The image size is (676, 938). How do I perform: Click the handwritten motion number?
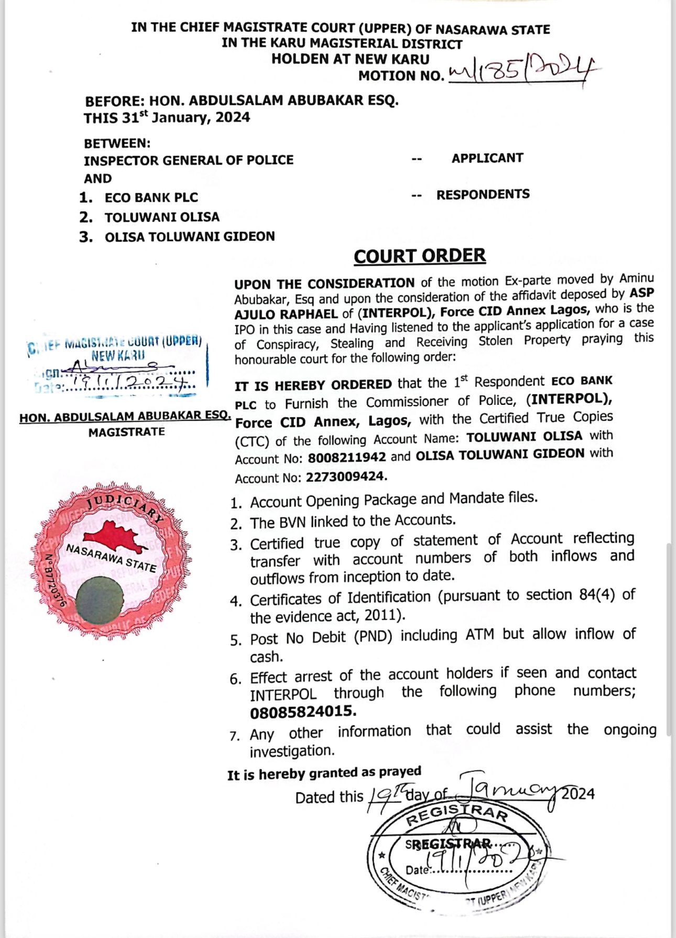tap(521, 72)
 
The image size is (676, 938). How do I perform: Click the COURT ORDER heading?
tap(419, 256)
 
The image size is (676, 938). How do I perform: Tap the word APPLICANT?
tap(487, 158)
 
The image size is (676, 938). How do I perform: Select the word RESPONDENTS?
tap(483, 194)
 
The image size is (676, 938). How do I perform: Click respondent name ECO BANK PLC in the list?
tap(151, 197)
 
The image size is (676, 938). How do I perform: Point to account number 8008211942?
tap(346, 457)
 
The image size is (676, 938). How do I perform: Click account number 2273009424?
tap(346, 477)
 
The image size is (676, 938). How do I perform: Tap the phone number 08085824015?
tap(303, 712)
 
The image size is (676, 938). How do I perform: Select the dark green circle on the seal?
tap(99, 600)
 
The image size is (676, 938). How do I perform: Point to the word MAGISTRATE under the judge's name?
tap(126, 432)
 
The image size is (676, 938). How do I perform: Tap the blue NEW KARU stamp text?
tap(118, 356)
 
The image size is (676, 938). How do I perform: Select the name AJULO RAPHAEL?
tap(286, 314)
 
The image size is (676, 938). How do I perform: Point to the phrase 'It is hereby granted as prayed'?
tap(324, 773)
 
